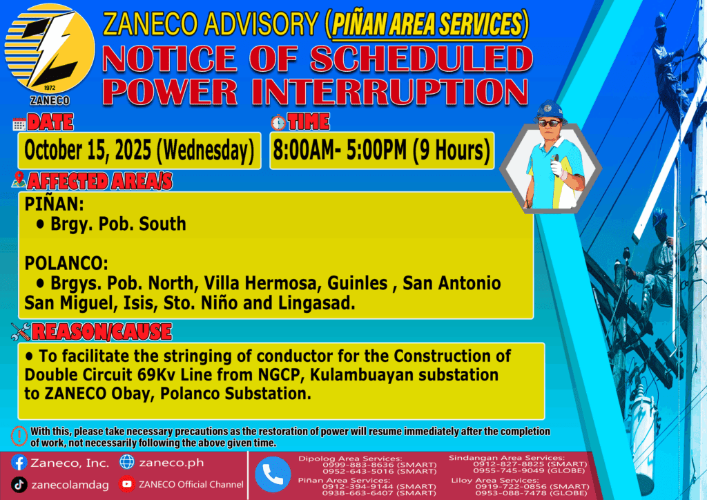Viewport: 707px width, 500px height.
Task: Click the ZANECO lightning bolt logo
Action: [x=50, y=49]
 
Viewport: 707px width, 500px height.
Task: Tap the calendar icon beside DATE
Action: [x=19, y=124]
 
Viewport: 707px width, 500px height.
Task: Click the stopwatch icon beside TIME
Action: [x=278, y=123]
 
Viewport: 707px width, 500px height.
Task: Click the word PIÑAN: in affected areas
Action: [x=54, y=204]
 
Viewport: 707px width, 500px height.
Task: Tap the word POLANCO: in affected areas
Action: [x=66, y=263]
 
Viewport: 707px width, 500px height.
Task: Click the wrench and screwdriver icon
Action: [x=21, y=331]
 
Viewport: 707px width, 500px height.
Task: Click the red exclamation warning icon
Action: [x=19, y=436]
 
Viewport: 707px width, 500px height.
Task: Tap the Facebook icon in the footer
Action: [x=19, y=463]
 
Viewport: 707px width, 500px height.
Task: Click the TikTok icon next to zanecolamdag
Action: [x=19, y=485]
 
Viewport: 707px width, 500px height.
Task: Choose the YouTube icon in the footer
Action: [x=127, y=484]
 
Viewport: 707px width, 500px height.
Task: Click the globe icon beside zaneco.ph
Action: [x=127, y=462]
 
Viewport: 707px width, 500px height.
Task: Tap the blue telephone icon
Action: [x=273, y=474]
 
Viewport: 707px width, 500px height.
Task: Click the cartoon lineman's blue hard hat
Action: [x=550, y=111]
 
